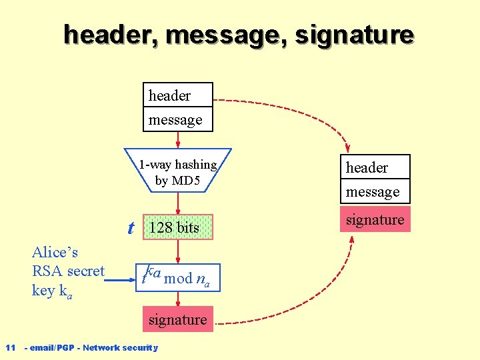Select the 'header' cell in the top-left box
(x=178, y=95)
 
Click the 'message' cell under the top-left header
(x=178, y=119)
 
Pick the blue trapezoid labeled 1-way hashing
(x=177, y=171)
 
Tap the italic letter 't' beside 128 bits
(x=131, y=228)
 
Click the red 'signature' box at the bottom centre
(x=178, y=319)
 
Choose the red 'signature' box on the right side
(x=375, y=220)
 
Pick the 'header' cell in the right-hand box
(x=375, y=167)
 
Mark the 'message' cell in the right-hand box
(x=375, y=192)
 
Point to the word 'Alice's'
(x=55, y=252)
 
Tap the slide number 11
(x=10, y=347)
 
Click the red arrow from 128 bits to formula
(x=178, y=251)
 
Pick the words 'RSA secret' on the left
(x=68, y=271)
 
